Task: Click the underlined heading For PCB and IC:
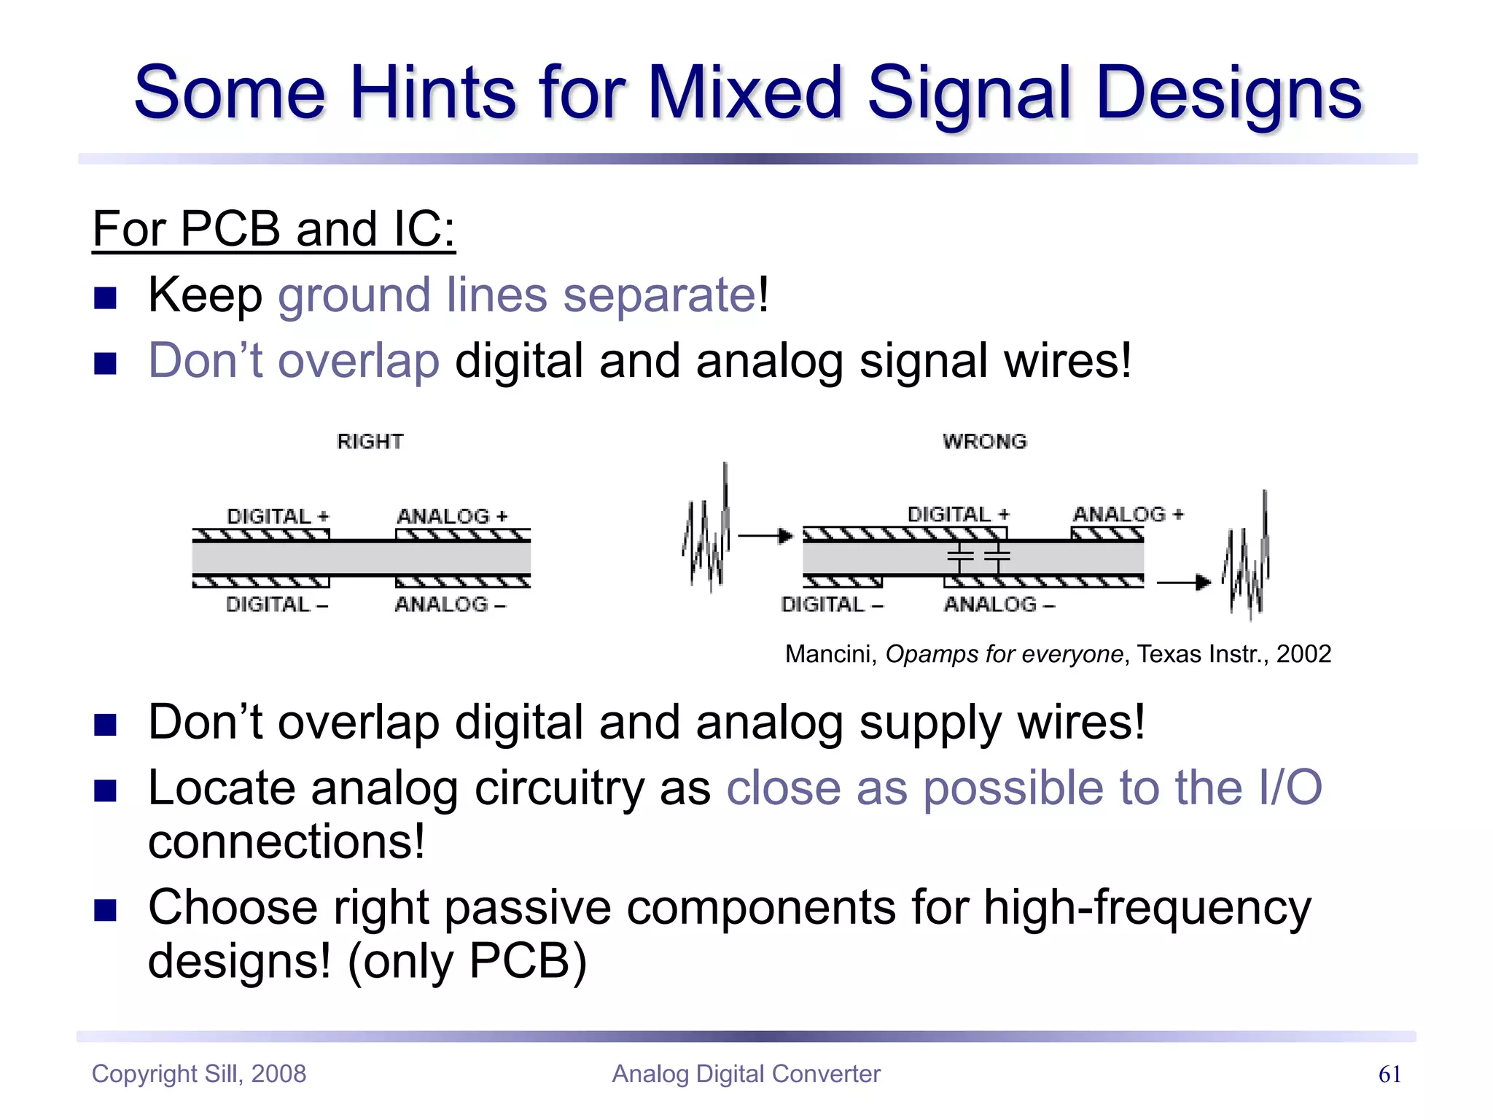(x=273, y=230)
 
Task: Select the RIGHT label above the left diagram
(x=370, y=442)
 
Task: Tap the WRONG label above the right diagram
(x=984, y=442)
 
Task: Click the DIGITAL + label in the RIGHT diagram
(x=278, y=516)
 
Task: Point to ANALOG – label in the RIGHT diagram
(x=450, y=604)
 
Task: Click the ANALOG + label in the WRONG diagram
(x=1128, y=514)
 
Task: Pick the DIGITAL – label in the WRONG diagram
(x=832, y=604)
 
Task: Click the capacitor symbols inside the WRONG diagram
(x=978, y=557)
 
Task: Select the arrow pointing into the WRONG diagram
(x=765, y=536)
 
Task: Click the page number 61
(x=1389, y=1074)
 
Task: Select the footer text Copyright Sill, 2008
(x=198, y=1074)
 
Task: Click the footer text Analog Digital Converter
(x=746, y=1074)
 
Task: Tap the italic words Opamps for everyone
(x=1004, y=654)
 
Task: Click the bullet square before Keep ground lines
(x=106, y=297)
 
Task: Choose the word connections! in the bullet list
(x=286, y=842)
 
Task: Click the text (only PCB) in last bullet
(x=467, y=962)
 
